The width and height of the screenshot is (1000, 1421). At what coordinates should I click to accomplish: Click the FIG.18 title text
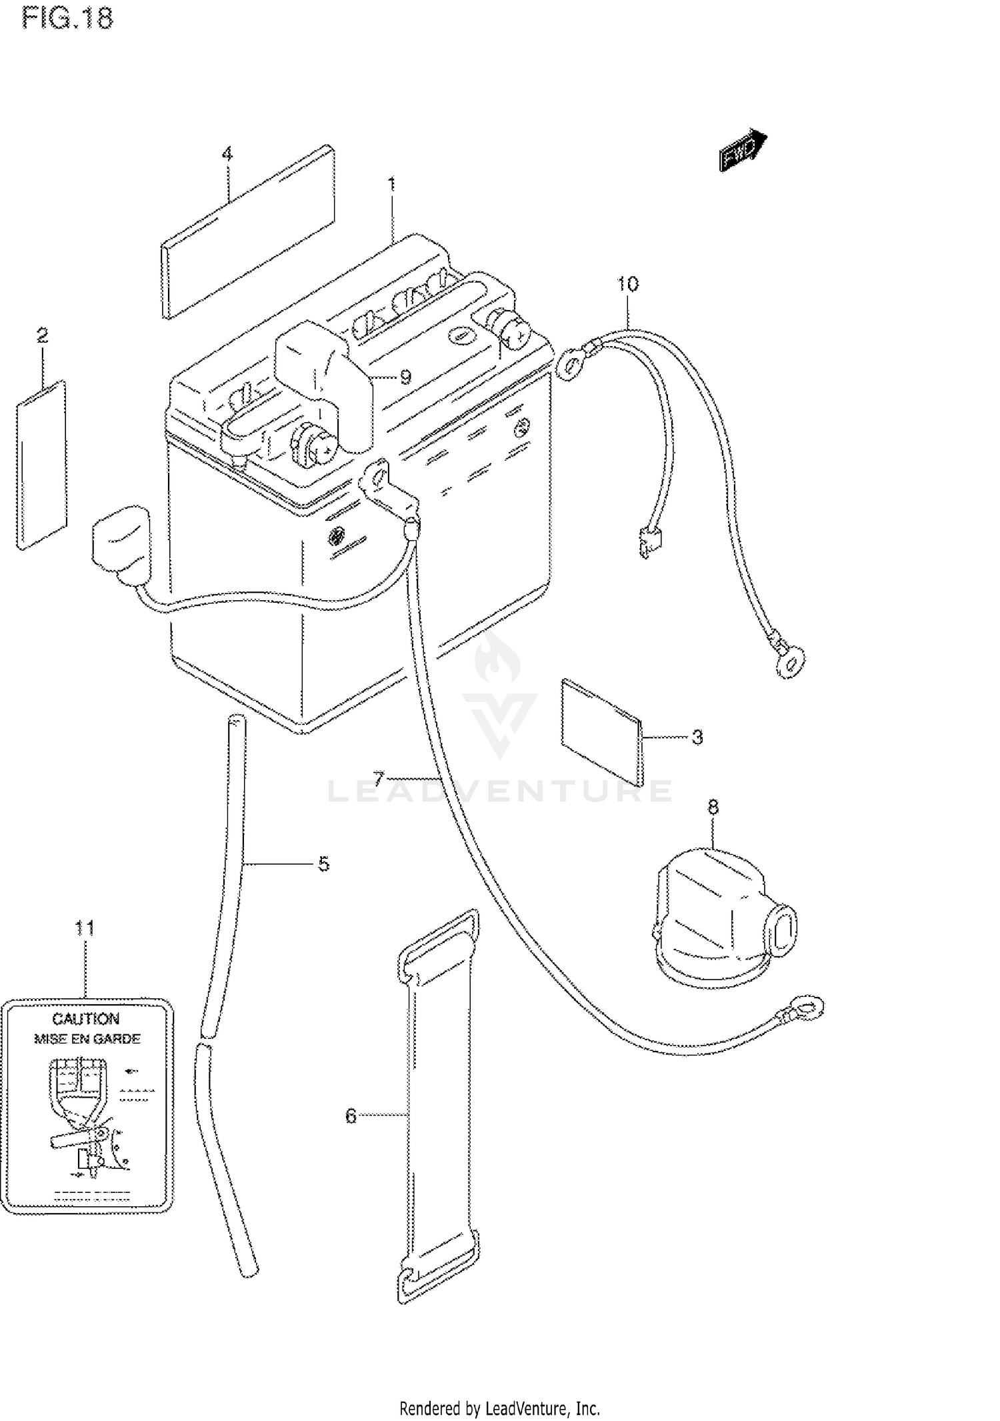67,18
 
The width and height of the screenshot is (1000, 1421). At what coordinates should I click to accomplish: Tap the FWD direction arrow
743,151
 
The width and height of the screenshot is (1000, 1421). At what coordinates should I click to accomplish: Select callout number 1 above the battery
392,183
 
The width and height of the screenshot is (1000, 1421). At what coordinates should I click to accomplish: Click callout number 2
43,335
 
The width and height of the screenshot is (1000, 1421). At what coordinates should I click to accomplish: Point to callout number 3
697,737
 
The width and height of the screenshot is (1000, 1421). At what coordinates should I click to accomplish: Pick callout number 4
227,155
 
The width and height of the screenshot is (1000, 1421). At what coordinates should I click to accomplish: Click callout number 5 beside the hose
323,864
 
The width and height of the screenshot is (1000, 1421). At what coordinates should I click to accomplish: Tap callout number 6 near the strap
351,1116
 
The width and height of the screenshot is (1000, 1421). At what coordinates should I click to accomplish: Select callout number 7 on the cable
379,778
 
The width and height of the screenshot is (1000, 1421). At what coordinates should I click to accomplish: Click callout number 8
713,808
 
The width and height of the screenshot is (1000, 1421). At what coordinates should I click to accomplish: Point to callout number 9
405,377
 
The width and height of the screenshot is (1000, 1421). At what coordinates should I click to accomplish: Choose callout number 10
627,284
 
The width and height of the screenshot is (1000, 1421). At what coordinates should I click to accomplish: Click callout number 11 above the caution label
85,928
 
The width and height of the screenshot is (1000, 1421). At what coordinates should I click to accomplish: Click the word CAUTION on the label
86,1019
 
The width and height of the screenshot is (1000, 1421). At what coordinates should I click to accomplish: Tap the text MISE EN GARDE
87,1039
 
